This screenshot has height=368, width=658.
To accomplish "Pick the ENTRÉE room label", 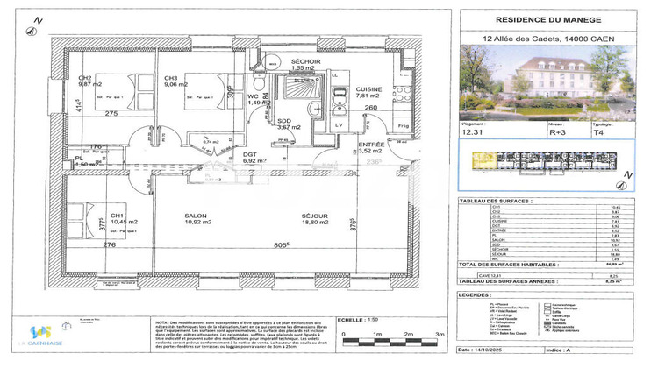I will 372,145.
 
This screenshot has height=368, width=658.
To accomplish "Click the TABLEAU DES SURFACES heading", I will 497,201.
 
